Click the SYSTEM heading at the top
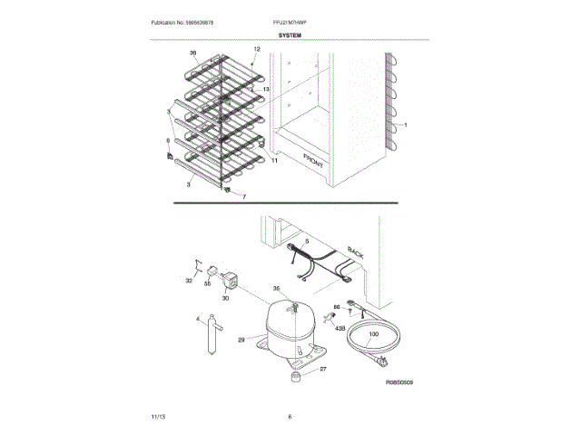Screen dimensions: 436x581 [x=290, y=35]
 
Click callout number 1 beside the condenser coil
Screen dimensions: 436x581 [x=407, y=124]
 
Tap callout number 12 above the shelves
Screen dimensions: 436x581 [x=256, y=49]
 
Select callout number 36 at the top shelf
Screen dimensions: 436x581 [x=192, y=54]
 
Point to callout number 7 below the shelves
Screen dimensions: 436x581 [x=243, y=196]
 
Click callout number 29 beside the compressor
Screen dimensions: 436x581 [x=241, y=340]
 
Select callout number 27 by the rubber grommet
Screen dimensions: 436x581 [x=322, y=368]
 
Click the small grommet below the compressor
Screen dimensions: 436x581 [x=296, y=374]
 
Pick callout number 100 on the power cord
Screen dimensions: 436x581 [x=373, y=335]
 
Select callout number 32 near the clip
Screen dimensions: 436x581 [x=190, y=282]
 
